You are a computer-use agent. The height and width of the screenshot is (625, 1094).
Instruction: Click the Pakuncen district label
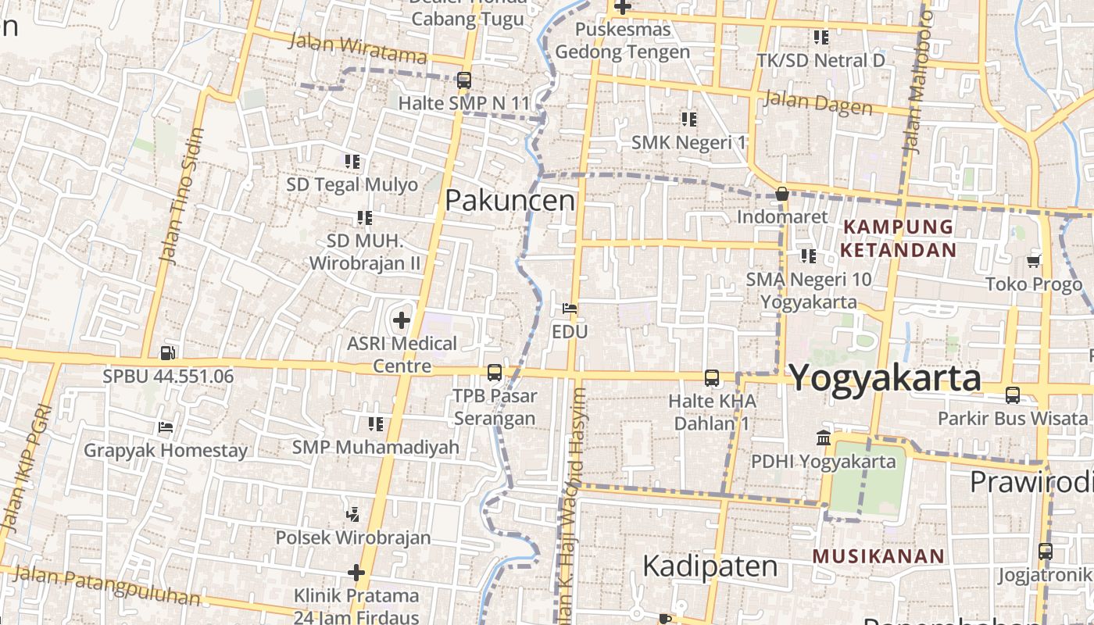click(x=509, y=201)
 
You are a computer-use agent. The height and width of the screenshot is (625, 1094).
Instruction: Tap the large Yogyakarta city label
click(x=885, y=378)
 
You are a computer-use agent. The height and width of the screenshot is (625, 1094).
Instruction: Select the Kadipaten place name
click(x=710, y=566)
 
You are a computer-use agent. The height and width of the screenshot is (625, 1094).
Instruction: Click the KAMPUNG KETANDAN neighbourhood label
click(x=898, y=238)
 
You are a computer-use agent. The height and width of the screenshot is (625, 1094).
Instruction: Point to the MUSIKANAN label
click(x=879, y=556)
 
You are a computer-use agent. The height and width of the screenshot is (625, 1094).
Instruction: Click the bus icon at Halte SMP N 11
click(x=464, y=80)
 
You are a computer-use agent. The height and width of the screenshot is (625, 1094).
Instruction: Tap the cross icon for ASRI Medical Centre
click(x=402, y=320)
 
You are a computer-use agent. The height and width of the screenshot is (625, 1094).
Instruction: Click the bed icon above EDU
click(x=570, y=309)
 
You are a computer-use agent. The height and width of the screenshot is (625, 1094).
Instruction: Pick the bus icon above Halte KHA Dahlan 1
click(x=712, y=378)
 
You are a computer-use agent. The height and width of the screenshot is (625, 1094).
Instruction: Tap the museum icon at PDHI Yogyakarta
click(x=823, y=437)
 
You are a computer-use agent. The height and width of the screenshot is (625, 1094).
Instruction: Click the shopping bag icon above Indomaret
click(x=782, y=194)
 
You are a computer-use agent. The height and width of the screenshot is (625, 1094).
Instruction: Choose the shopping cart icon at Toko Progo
click(x=1034, y=261)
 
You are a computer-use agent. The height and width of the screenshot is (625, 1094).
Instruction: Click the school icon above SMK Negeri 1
click(x=688, y=119)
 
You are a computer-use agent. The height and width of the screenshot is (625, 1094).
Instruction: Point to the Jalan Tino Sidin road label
click(x=181, y=195)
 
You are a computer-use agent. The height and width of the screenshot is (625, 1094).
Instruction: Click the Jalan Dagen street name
click(x=817, y=102)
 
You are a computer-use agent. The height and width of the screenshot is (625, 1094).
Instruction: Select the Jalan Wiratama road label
click(x=358, y=47)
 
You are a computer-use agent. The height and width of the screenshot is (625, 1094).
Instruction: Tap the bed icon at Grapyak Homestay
click(x=166, y=427)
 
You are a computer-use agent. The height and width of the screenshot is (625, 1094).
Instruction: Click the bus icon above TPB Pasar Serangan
click(x=495, y=373)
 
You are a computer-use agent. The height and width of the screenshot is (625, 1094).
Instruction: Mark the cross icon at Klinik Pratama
click(x=356, y=573)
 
